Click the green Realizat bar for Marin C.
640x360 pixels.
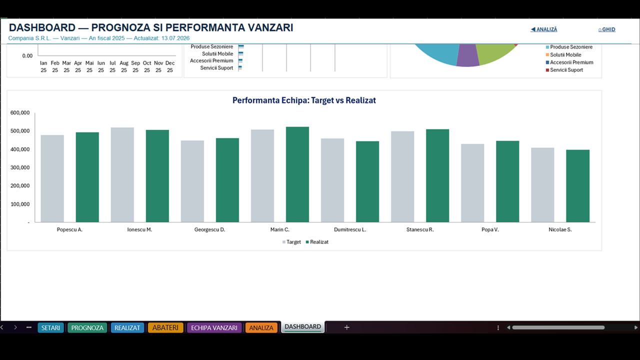point(297,174)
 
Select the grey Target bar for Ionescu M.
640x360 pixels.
point(122,175)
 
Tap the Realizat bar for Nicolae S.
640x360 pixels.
point(577,186)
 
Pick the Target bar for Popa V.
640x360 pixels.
point(472,183)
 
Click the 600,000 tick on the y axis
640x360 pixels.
point(20,113)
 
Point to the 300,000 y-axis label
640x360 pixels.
point(20,167)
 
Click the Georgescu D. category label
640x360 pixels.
point(209,229)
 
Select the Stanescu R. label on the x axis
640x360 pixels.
point(420,229)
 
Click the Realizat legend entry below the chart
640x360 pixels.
point(317,242)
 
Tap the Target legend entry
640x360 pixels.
point(291,242)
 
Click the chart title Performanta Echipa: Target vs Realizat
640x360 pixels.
point(304,100)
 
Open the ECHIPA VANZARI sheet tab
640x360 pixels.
point(214,327)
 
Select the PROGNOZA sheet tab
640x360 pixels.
point(87,327)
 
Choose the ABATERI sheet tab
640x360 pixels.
point(165,327)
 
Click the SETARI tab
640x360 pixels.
point(50,327)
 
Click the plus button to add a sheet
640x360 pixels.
point(346,327)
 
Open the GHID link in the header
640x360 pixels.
point(607,29)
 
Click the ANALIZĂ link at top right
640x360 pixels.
point(543,29)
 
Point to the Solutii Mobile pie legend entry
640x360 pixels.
point(563,55)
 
